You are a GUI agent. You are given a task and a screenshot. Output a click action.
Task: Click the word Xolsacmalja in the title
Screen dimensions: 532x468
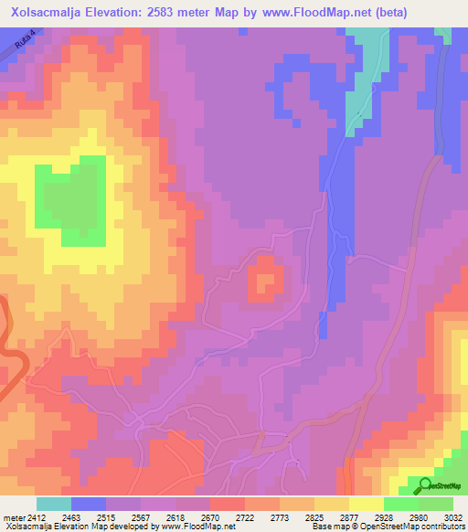tap(43, 12)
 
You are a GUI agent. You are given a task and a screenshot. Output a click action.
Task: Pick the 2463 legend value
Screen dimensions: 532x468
tap(70, 517)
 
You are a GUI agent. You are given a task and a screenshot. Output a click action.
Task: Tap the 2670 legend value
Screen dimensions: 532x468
tap(210, 517)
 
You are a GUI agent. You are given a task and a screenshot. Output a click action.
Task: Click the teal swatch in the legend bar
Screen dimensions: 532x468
tap(54, 504)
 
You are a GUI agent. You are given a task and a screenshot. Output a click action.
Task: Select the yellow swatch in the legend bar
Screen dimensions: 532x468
tap(367, 504)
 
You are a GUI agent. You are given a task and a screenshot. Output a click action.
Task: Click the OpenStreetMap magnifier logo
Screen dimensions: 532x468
tap(426, 486)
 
